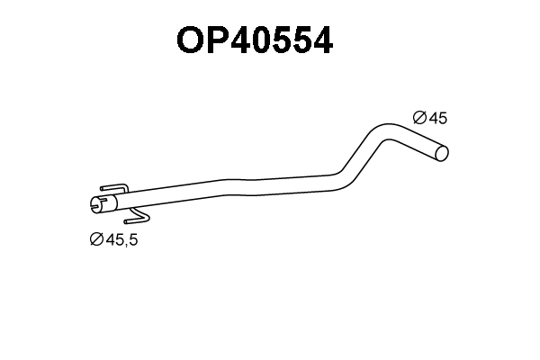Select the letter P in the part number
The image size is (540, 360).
(219, 41)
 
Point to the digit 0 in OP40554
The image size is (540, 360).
(265, 41)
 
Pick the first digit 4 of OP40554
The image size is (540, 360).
(243, 41)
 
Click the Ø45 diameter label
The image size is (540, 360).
(429, 118)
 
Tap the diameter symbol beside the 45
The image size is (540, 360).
(418, 118)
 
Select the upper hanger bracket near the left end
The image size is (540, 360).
(112, 189)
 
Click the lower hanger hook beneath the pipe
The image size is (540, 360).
(138, 217)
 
